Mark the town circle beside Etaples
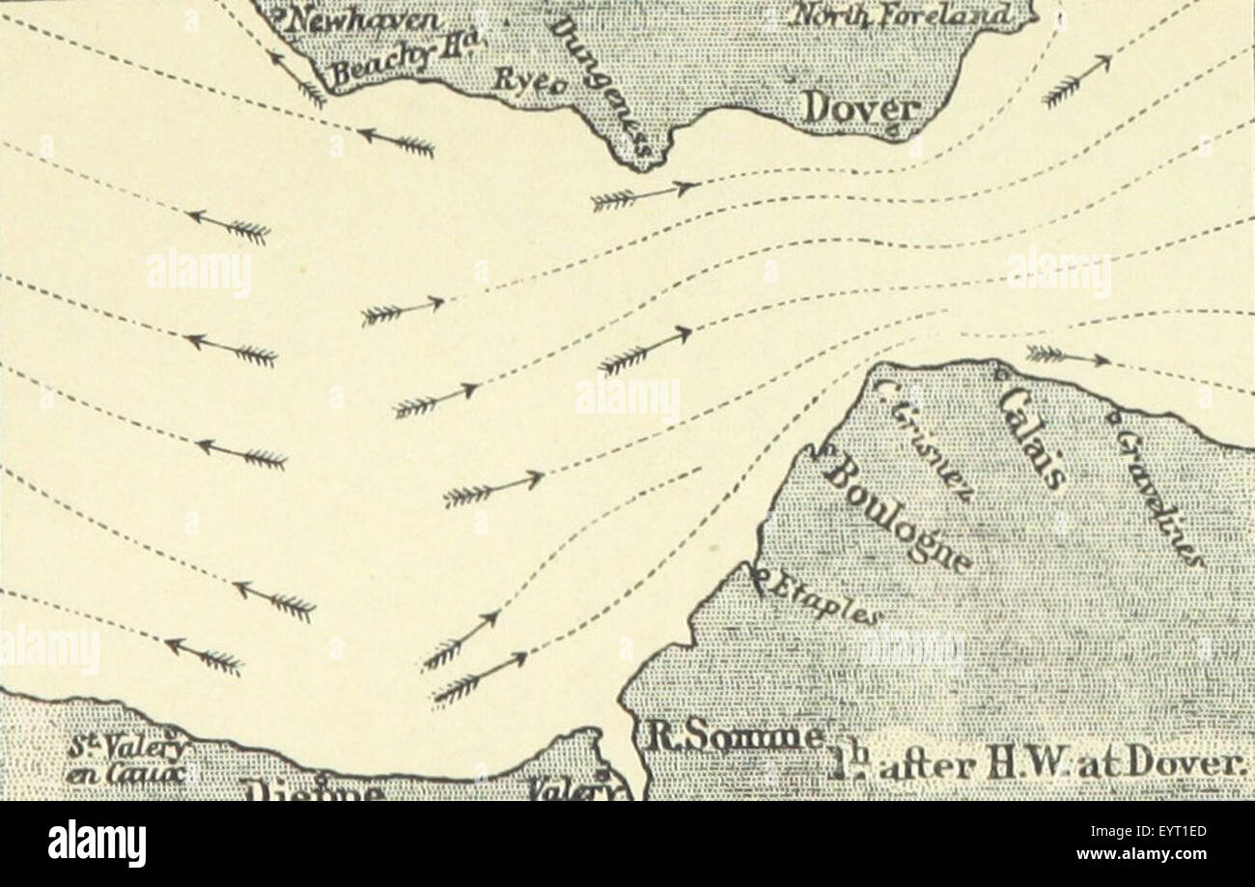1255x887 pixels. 758,579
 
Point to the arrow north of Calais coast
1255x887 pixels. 1067,357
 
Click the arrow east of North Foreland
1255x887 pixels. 1076,81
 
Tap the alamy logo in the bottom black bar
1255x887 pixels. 97,844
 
